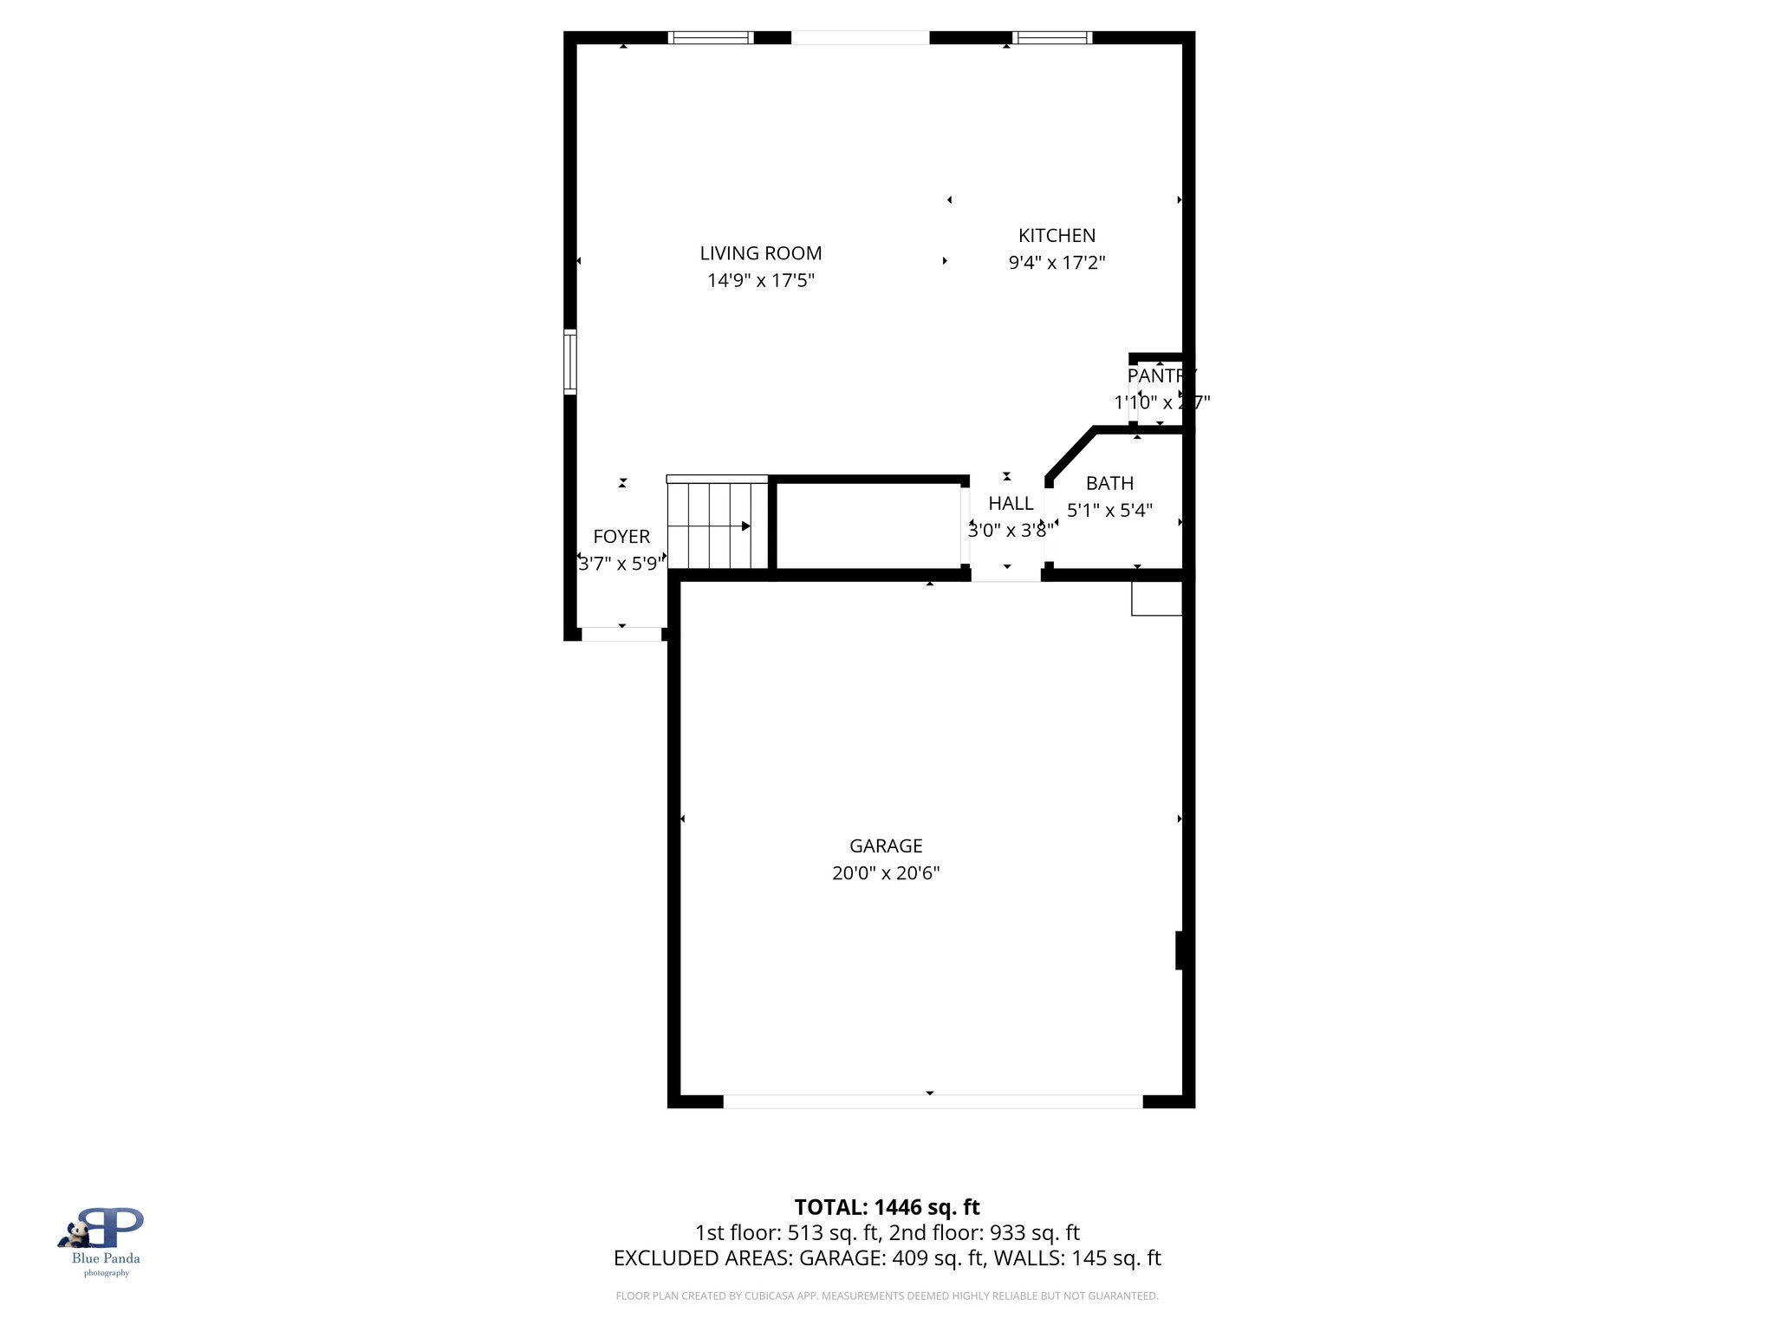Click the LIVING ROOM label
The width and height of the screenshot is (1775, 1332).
pyautogui.click(x=760, y=253)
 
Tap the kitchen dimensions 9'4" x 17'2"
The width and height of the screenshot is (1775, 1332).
pyautogui.click(x=1057, y=263)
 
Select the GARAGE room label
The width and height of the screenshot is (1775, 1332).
pyautogui.click(x=885, y=846)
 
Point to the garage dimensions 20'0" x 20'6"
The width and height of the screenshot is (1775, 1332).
pyautogui.click(x=885, y=873)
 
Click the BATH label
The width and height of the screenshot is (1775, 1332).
pyautogui.click(x=1109, y=483)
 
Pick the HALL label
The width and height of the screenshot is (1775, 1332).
pyautogui.click(x=1011, y=503)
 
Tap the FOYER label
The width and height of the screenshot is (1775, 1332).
pyautogui.click(x=621, y=537)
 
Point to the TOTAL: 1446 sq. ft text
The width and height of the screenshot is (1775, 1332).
pyautogui.click(x=887, y=1207)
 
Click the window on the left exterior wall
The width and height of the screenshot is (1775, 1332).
pyautogui.click(x=569, y=362)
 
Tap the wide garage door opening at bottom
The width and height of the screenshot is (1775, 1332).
pyautogui.click(x=933, y=1101)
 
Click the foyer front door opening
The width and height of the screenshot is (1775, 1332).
pyautogui.click(x=621, y=634)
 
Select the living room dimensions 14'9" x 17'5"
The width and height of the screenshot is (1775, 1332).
pyautogui.click(x=760, y=280)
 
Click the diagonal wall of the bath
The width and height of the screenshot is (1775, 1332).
pyautogui.click(x=1071, y=452)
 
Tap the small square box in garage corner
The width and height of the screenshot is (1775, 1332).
pyautogui.click(x=1156, y=598)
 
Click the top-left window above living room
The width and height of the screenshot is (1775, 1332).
pyautogui.click(x=712, y=37)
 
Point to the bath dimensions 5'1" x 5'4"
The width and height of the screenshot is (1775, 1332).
pyautogui.click(x=1109, y=510)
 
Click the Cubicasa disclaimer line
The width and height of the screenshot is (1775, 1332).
pyautogui.click(x=887, y=1296)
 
